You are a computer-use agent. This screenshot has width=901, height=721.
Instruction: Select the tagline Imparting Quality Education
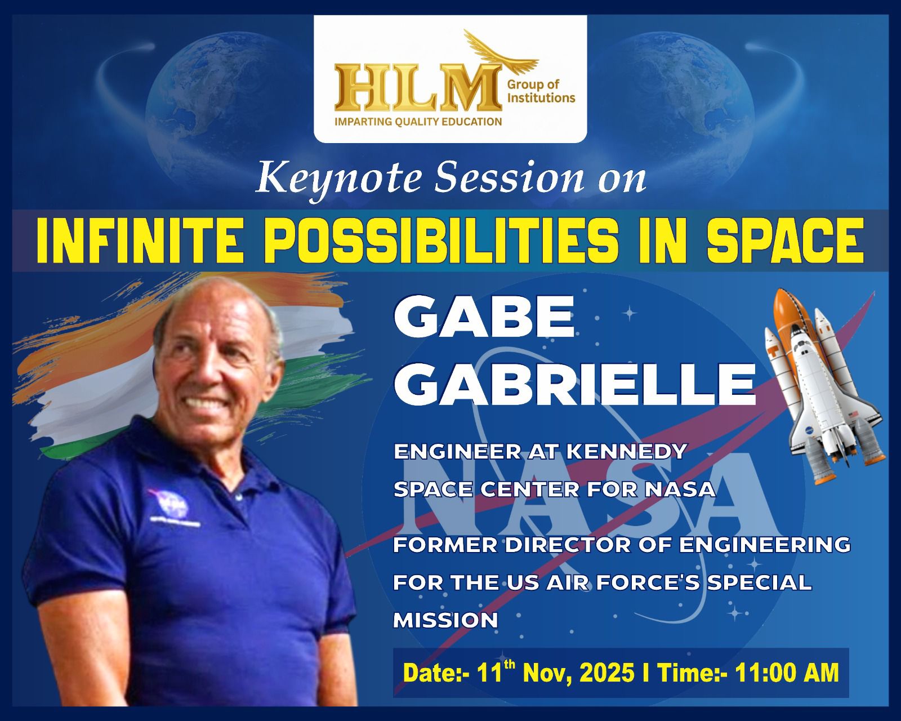click(x=418, y=122)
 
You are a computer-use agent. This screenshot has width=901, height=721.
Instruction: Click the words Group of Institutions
click(x=541, y=91)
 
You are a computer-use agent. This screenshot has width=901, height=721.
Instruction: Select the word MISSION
click(x=445, y=620)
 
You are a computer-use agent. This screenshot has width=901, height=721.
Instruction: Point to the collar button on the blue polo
click(x=239, y=497)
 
